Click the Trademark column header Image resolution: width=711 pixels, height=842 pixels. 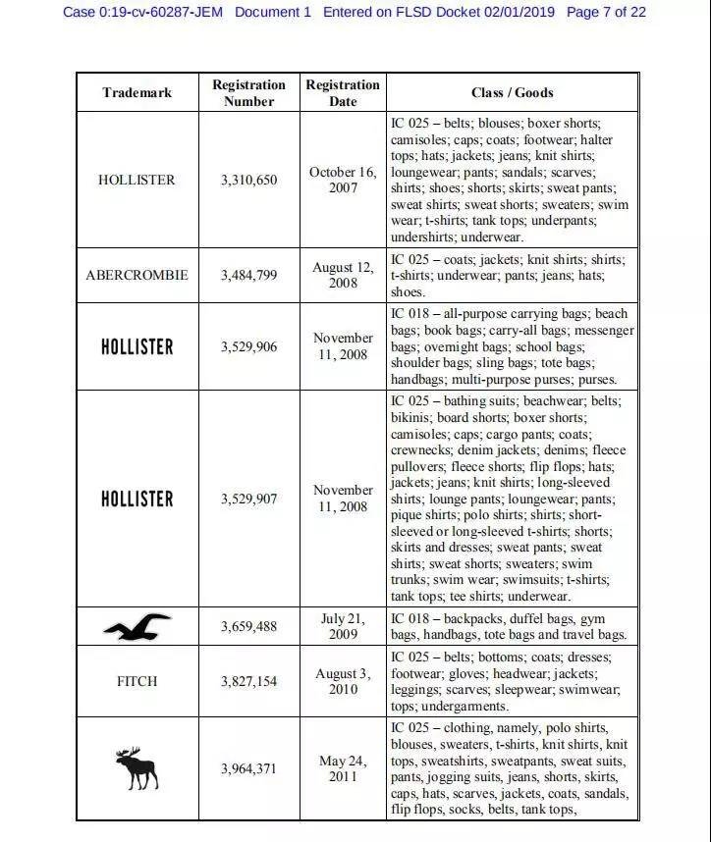pyautogui.click(x=137, y=92)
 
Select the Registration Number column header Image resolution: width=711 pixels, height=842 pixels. pyautogui.click(x=248, y=92)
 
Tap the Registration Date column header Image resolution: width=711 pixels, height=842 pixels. pyautogui.click(x=343, y=92)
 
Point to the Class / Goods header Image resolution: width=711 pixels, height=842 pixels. pyautogui.click(x=512, y=92)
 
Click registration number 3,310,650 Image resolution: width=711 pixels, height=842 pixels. pyautogui.click(x=248, y=180)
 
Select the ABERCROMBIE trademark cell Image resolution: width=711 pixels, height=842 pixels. pyautogui.click(x=137, y=276)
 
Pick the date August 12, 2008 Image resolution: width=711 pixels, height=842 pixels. pyautogui.click(x=343, y=275)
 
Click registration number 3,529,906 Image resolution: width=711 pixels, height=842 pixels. pyautogui.click(x=248, y=346)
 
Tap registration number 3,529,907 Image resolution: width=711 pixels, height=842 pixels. pyautogui.click(x=248, y=499)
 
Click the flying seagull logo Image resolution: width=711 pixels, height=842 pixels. pyautogui.click(x=137, y=626)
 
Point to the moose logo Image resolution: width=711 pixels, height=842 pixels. pyautogui.click(x=137, y=768)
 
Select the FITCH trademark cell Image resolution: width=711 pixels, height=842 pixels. pyautogui.click(x=137, y=681)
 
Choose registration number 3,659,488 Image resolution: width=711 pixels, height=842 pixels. pyautogui.click(x=248, y=626)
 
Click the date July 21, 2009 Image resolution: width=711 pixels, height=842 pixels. pyautogui.click(x=343, y=626)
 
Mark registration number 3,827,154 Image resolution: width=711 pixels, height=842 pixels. pyautogui.click(x=248, y=681)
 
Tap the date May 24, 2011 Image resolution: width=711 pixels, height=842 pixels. pyautogui.click(x=343, y=768)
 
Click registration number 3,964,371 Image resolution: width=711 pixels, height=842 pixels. pyautogui.click(x=248, y=768)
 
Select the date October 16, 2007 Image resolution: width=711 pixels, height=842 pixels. pyautogui.click(x=343, y=180)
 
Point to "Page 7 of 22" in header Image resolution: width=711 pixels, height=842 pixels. pyautogui.click(x=607, y=12)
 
